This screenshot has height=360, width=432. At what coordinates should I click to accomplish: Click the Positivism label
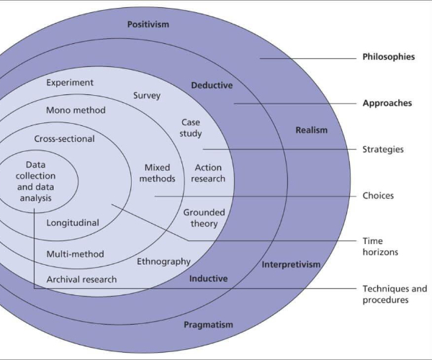tap(148, 24)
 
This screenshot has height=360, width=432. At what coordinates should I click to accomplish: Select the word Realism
tap(311, 130)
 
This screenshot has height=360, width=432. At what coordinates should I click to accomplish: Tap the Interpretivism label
tap(291, 264)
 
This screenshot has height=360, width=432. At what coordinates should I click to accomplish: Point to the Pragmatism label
tap(208, 325)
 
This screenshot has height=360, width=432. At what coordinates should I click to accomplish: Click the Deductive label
tap(212, 86)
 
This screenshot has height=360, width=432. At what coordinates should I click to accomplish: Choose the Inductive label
tap(208, 278)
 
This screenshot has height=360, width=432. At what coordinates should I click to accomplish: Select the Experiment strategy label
tap(70, 83)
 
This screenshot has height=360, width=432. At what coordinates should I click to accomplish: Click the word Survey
tap(147, 95)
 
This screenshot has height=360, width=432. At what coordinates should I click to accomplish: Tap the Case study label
tap(191, 127)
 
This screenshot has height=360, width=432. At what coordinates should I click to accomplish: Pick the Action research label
tap(210, 173)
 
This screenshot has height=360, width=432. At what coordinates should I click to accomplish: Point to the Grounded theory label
tap(204, 217)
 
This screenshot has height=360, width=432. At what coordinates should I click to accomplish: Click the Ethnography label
tap(163, 261)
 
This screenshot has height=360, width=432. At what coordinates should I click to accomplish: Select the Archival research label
tap(81, 279)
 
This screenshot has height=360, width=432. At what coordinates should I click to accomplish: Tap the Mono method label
tap(76, 110)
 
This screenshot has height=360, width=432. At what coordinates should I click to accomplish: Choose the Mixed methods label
tap(157, 173)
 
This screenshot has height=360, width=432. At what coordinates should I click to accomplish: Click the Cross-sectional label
tap(64, 139)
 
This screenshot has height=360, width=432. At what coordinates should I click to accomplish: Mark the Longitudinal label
tap(73, 223)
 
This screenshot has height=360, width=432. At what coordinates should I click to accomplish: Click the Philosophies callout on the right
tap(388, 57)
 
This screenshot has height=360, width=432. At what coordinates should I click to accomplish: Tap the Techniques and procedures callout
tap(395, 294)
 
